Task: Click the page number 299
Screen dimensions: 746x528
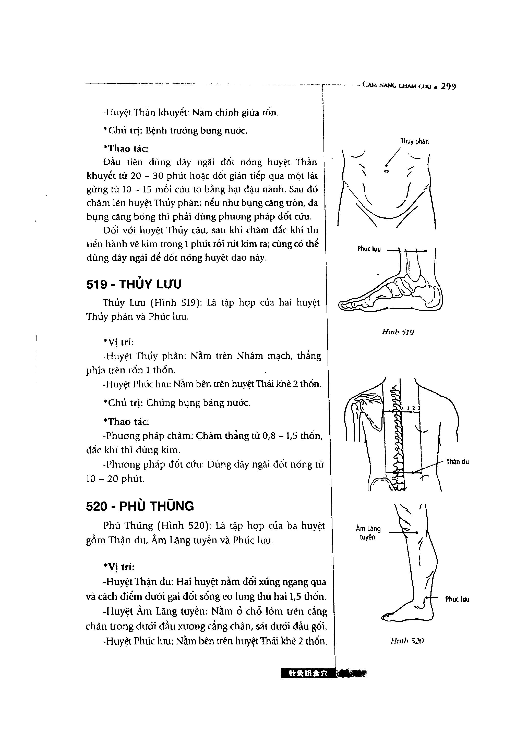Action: pos(448,87)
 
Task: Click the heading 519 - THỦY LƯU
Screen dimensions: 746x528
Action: pos(134,284)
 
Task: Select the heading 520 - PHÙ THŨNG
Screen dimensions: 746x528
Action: pos(140,506)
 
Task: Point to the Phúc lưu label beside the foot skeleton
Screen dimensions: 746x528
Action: pos(369,249)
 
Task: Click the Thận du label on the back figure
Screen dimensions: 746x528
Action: pos(457,462)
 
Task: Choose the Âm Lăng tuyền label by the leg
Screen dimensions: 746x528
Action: pos(368,533)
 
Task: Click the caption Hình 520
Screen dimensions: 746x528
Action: pos(407,641)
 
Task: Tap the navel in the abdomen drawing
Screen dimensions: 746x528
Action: pos(386,171)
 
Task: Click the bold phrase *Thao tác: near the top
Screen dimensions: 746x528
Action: pos(126,149)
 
